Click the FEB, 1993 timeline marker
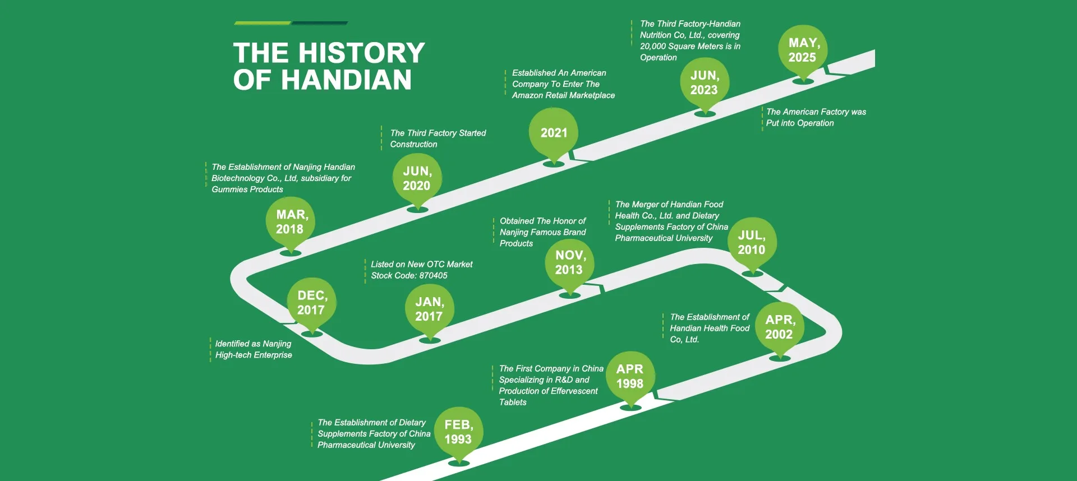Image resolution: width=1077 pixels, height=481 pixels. (458, 432)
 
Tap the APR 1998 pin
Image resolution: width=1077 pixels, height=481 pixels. (630, 377)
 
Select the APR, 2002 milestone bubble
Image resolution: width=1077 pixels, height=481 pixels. (779, 327)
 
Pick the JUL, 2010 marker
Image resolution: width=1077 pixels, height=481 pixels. (752, 243)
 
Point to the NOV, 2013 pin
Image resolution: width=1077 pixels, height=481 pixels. (569, 263)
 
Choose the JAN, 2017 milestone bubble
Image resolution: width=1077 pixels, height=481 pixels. (429, 309)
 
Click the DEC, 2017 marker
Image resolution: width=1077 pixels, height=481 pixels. (311, 303)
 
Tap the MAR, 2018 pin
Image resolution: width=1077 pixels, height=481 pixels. (290, 222)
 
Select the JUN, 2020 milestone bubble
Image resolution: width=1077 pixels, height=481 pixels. (417, 179)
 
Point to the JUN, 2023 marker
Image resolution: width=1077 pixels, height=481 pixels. (705, 83)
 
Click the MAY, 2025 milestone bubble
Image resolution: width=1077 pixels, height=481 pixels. (803, 50)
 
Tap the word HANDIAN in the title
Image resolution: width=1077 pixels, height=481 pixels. (346, 80)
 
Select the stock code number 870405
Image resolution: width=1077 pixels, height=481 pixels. (433, 276)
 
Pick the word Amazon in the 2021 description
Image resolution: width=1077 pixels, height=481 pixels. (527, 95)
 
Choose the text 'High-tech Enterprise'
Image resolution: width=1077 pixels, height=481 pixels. (254, 355)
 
